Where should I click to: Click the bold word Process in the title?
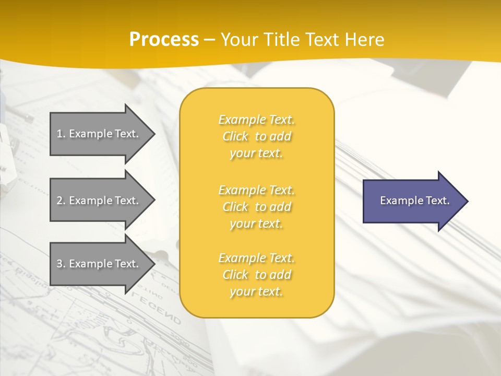(164, 40)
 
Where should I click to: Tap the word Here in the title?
(365, 40)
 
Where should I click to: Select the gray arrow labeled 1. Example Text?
(99, 134)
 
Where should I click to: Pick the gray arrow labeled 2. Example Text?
(99, 201)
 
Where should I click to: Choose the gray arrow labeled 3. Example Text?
(99, 264)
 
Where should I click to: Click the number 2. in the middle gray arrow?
(61, 201)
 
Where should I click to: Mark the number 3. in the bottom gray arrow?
(61, 264)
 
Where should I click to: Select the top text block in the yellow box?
(256, 136)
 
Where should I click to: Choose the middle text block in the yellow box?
(256, 207)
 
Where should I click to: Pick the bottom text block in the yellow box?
(256, 275)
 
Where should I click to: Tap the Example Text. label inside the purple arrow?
(414, 201)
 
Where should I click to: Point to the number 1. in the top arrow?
(61, 134)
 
